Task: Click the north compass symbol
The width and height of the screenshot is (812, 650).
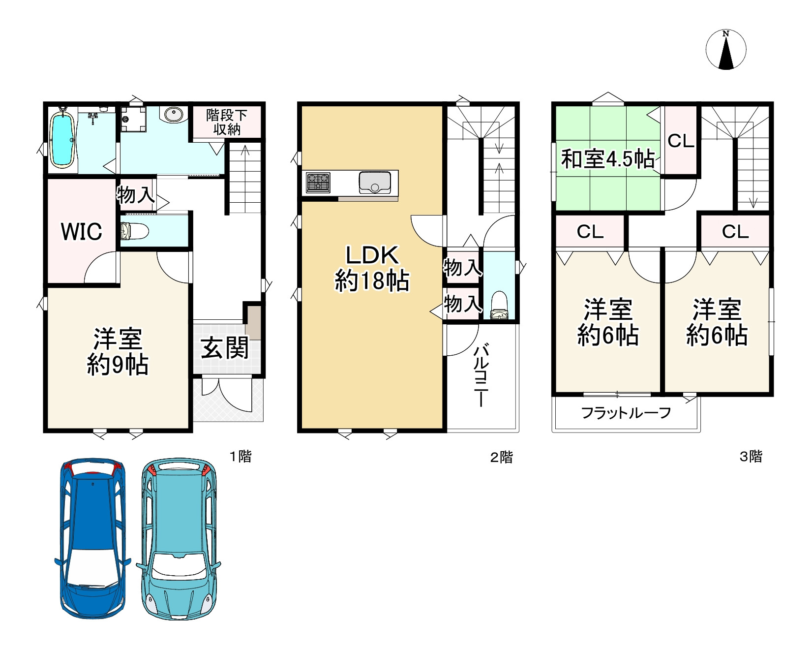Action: click(726, 50)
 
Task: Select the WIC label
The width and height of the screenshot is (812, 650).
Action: click(82, 231)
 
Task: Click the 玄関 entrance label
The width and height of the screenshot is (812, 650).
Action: click(225, 348)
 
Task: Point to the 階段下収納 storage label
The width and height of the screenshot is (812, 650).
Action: click(226, 122)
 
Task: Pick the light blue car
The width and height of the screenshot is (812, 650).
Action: click(179, 539)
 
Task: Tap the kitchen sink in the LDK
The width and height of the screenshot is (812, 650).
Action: click(375, 183)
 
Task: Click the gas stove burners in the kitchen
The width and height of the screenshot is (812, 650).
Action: click(318, 182)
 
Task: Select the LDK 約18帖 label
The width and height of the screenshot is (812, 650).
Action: click(372, 269)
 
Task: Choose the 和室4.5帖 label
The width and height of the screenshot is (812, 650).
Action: click(608, 159)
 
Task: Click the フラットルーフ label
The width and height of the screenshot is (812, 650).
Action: click(626, 413)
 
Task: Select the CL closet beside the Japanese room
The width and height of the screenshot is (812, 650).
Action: click(681, 141)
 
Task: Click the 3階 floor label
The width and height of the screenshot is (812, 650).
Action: click(751, 457)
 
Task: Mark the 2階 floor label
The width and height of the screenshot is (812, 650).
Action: click(501, 458)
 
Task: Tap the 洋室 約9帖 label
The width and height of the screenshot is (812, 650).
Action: click(118, 352)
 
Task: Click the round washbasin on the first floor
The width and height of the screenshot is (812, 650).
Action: click(173, 115)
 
